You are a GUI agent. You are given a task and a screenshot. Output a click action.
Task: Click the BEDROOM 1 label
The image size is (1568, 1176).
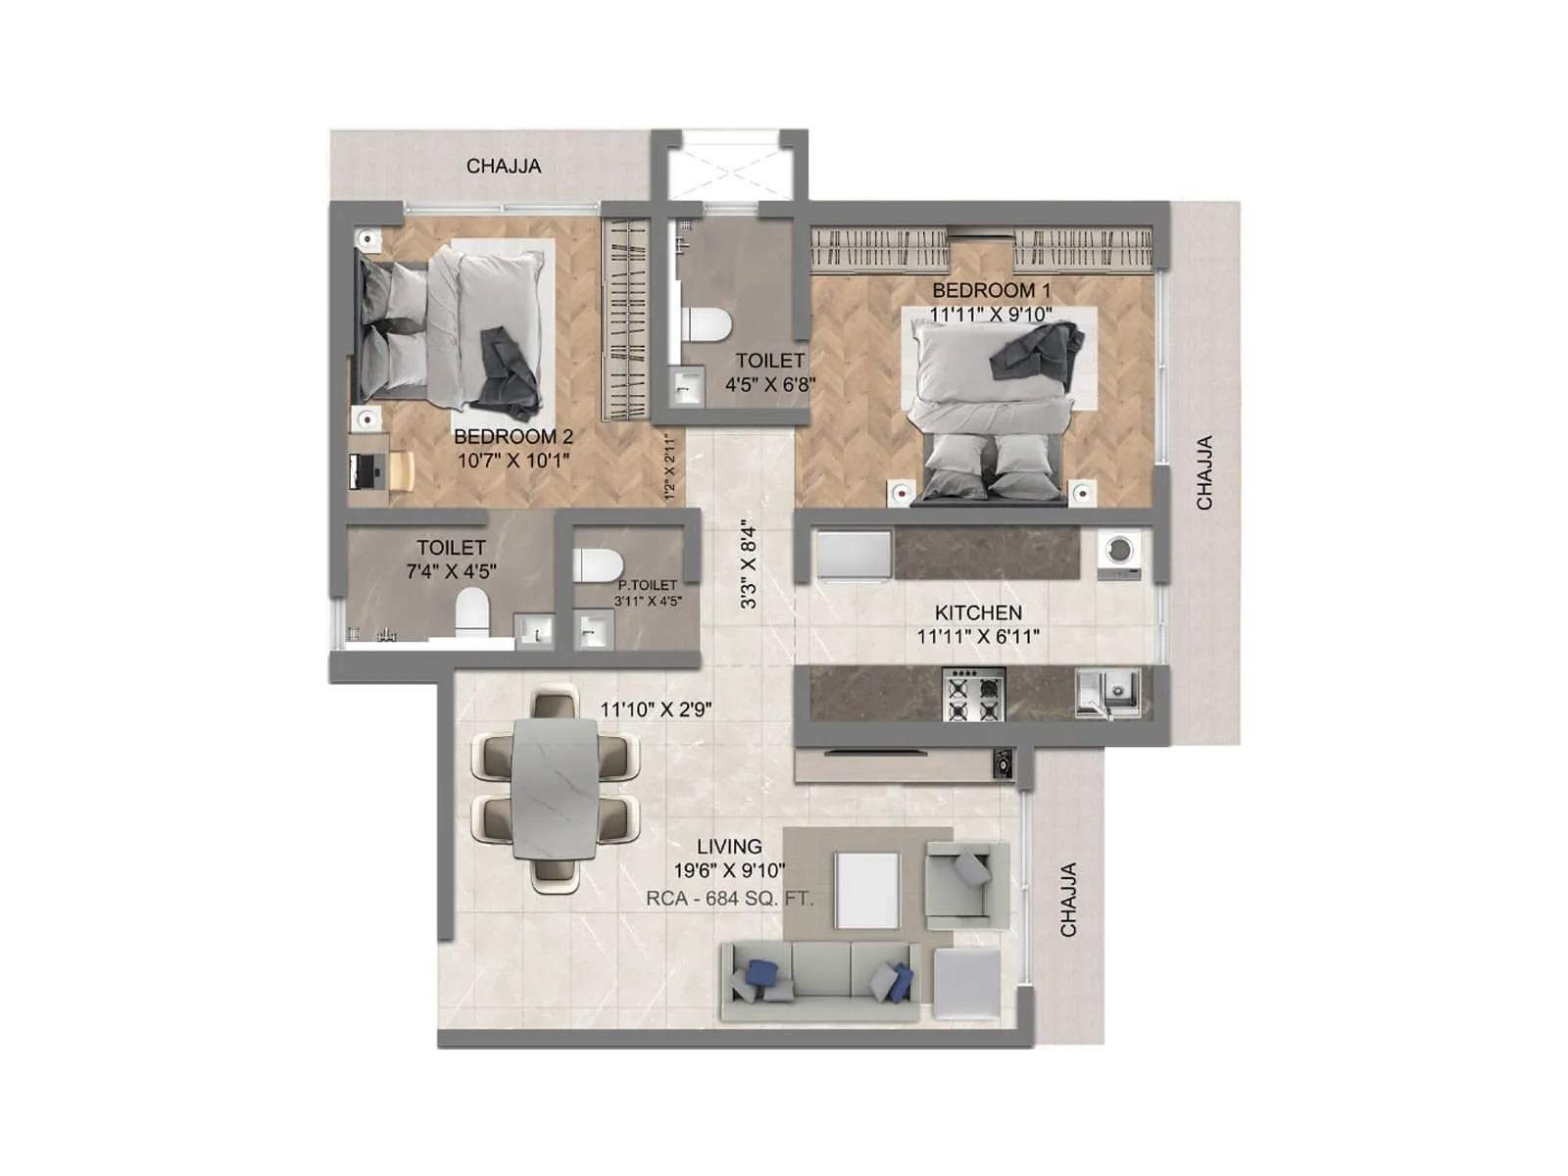point(991,291)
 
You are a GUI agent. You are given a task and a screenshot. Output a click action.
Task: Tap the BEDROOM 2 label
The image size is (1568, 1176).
point(513,437)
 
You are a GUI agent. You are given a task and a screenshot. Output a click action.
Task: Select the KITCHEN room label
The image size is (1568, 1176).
point(978,612)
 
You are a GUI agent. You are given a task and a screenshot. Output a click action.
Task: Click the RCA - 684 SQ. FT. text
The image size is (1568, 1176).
point(729,898)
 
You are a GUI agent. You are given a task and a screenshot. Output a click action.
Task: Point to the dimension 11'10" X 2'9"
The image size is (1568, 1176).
point(656,709)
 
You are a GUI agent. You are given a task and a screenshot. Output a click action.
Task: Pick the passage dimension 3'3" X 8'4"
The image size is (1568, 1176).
point(749,564)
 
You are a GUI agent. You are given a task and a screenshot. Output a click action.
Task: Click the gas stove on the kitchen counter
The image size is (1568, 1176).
point(973,695)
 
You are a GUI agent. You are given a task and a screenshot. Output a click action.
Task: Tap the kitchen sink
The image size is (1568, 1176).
point(1107,691)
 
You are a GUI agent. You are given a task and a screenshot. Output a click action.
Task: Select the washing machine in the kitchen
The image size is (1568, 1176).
point(1119,553)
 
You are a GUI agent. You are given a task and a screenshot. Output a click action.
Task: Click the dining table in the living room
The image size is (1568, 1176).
point(555,789)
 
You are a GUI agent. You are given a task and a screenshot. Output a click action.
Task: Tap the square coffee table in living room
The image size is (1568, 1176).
point(866,890)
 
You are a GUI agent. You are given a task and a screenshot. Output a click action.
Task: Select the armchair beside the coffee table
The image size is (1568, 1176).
point(965,885)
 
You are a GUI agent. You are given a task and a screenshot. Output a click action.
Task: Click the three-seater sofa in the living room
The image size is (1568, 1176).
point(821,980)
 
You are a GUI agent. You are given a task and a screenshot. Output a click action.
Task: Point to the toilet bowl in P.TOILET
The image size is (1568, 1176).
point(598,565)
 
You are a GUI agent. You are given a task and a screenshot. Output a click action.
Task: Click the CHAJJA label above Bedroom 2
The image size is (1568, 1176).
point(503,167)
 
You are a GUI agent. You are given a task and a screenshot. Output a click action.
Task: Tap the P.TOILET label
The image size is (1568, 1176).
point(647,585)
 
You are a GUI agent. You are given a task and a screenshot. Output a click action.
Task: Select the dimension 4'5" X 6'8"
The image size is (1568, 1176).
point(769,385)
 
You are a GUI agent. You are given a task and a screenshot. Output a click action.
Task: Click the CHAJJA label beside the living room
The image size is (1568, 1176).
point(1068,899)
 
